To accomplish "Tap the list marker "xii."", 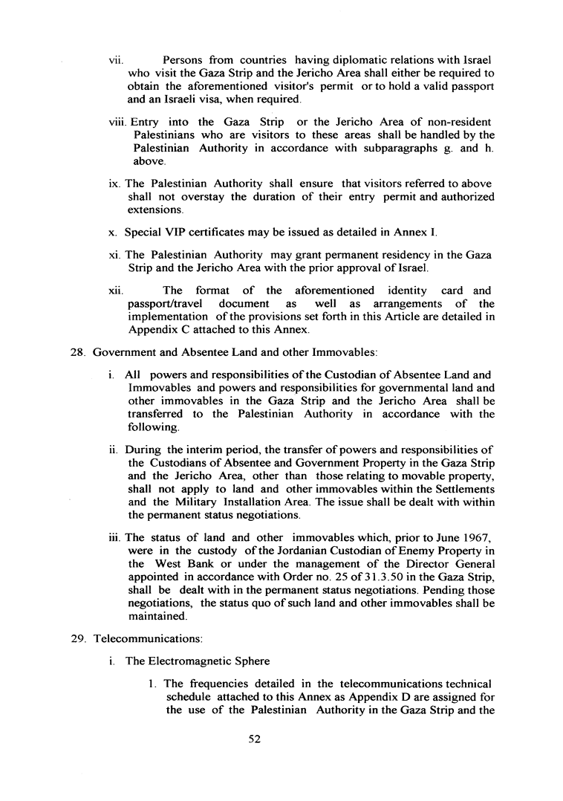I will (114, 291).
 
